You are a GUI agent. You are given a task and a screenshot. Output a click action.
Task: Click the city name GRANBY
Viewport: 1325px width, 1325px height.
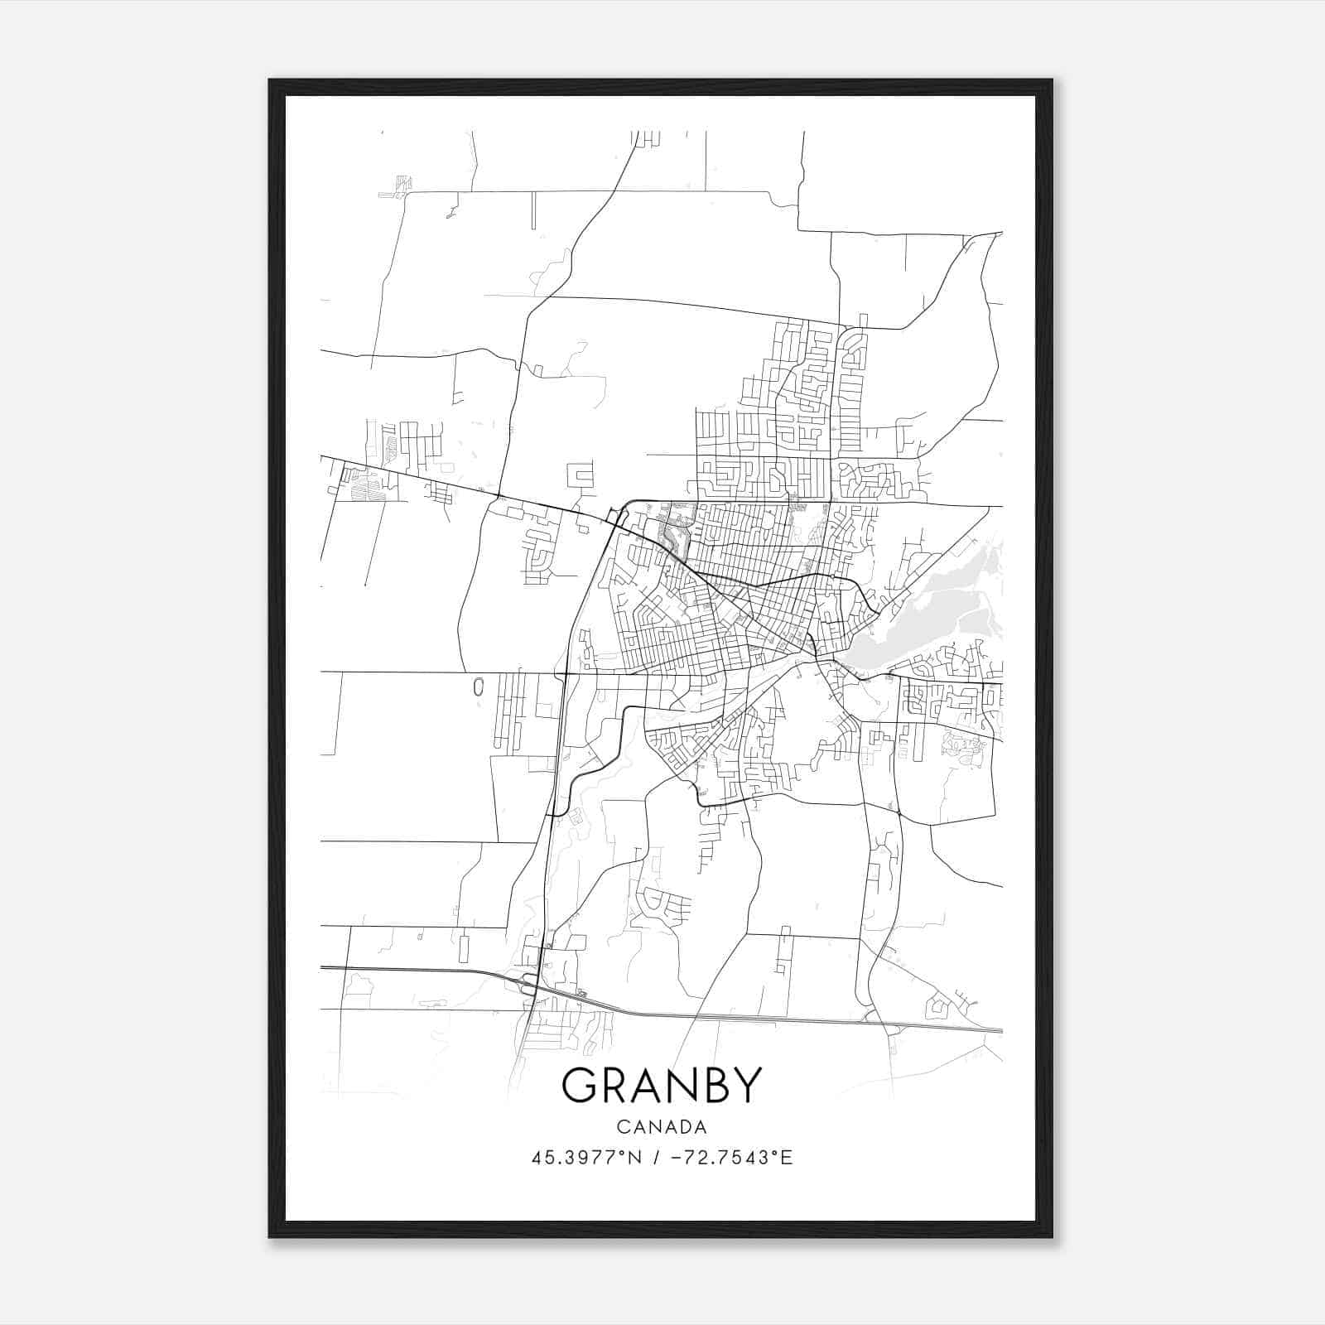click(661, 1086)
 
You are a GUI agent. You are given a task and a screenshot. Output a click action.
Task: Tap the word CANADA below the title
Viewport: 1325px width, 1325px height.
click(661, 1127)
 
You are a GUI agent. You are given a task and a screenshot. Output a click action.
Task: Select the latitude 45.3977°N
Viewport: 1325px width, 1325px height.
click(586, 1158)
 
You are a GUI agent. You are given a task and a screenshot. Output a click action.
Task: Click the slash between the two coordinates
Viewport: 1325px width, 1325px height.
click(656, 1158)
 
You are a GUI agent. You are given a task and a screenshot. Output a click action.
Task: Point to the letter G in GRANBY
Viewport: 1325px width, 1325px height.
click(579, 1086)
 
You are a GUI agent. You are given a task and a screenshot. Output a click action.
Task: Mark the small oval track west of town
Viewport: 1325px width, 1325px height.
click(478, 687)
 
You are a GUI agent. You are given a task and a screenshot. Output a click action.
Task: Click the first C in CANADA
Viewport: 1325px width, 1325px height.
click(622, 1127)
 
